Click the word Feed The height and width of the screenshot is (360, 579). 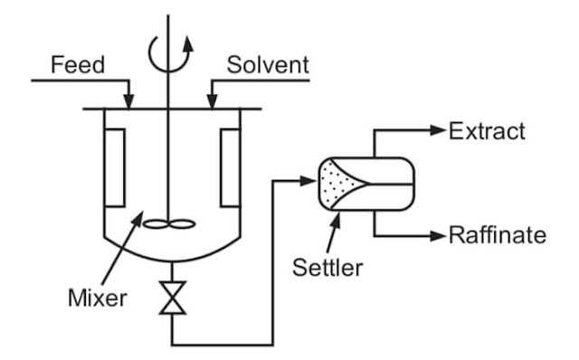point(77,65)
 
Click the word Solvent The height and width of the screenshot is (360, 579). point(268,65)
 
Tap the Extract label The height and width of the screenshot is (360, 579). point(487,131)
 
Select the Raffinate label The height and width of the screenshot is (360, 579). point(498,236)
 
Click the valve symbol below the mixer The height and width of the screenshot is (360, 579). point(170,298)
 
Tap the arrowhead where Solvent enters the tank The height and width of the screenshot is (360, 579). point(210,101)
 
